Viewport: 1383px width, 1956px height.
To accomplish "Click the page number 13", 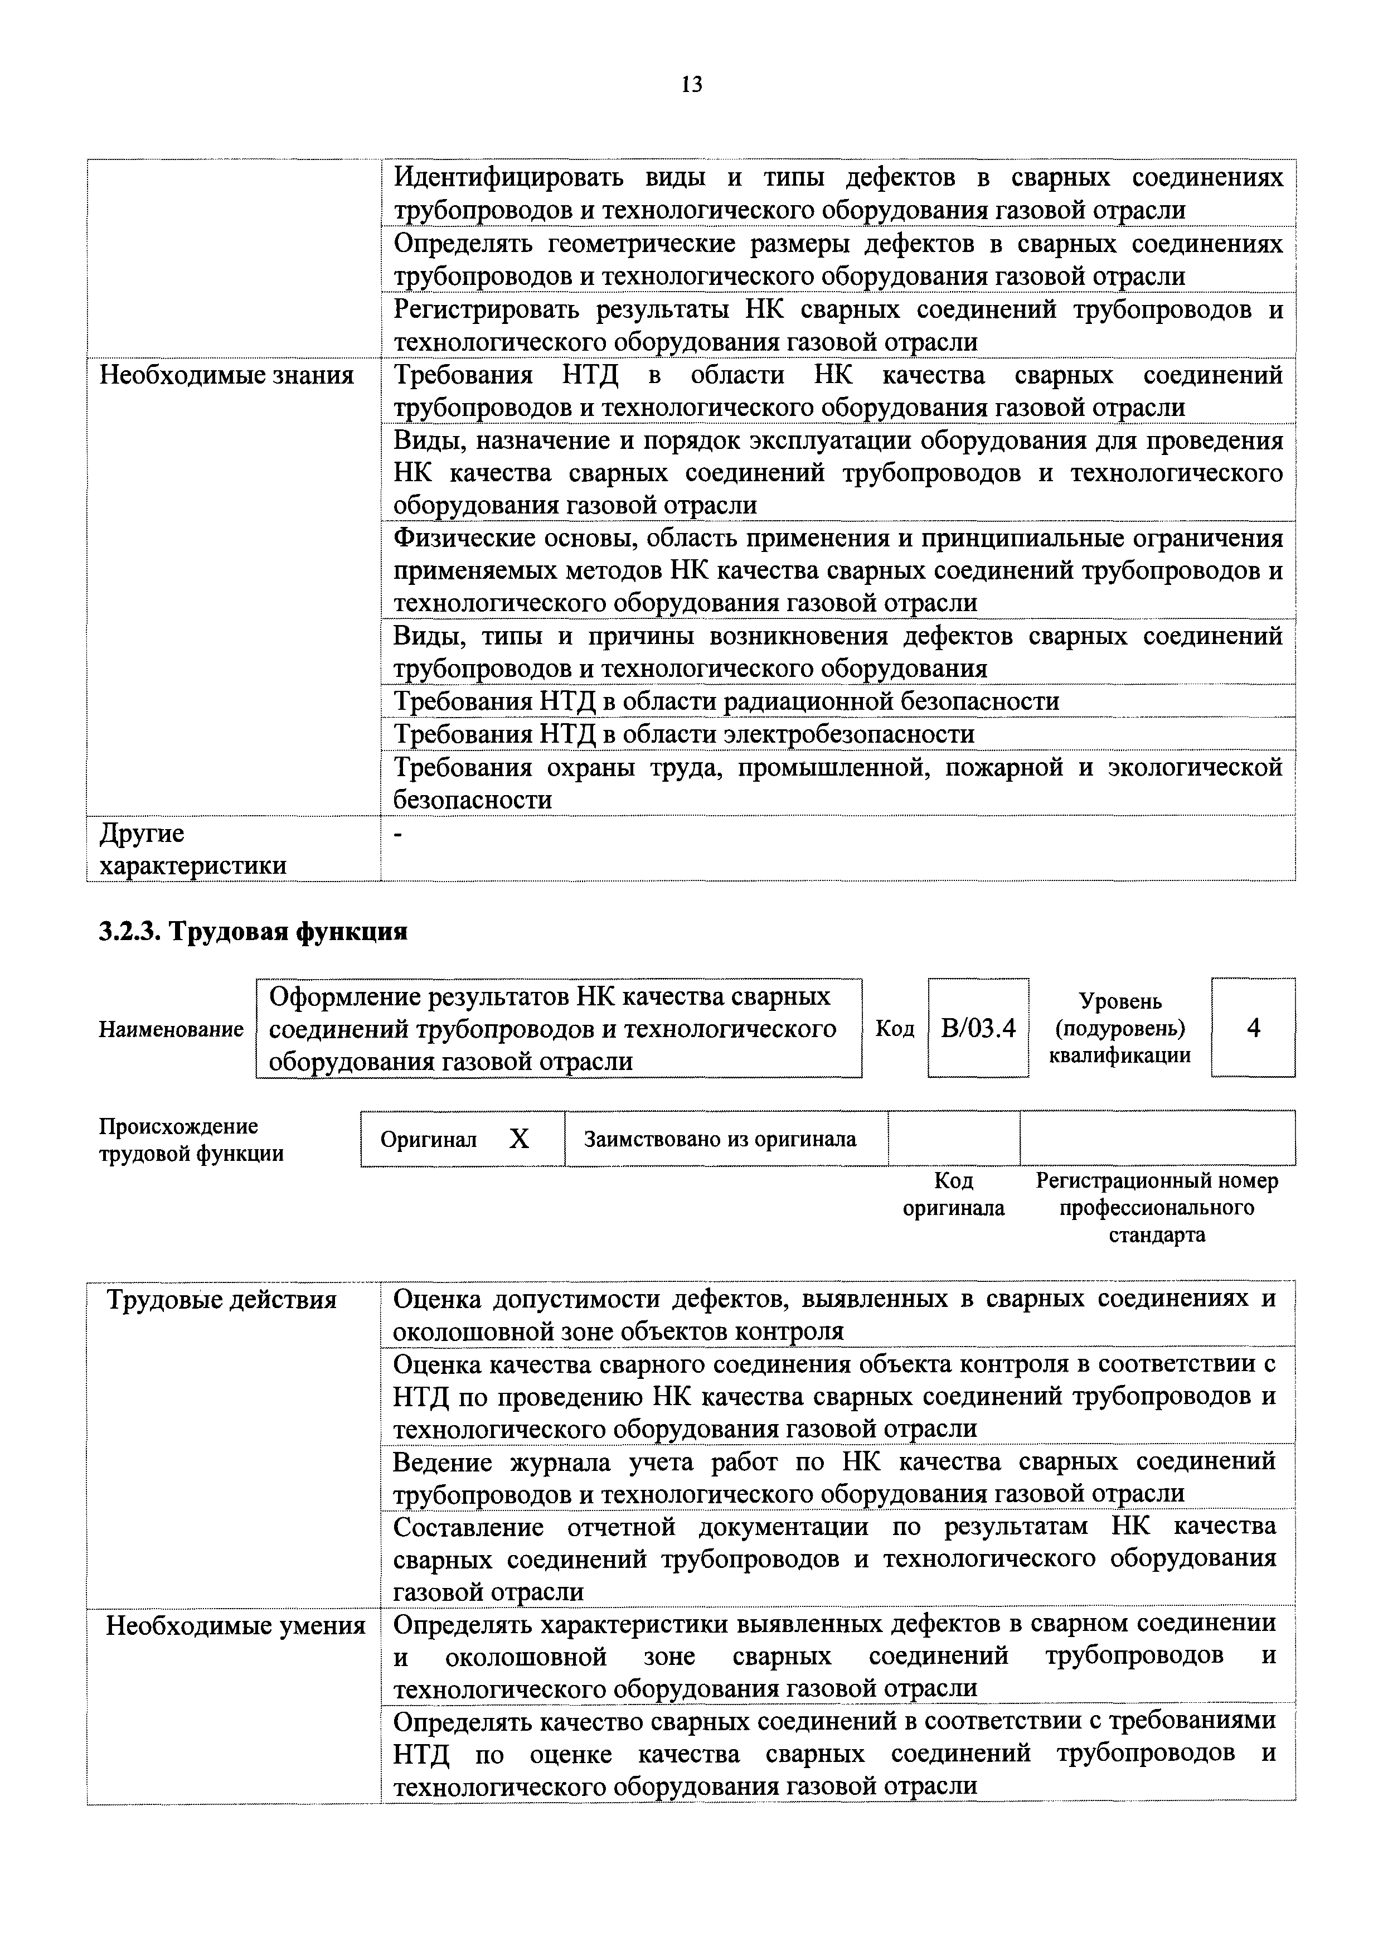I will (x=691, y=84).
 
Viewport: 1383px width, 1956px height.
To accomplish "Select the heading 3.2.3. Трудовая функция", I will (x=253, y=931).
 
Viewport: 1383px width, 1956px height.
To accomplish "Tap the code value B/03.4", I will (x=978, y=1028).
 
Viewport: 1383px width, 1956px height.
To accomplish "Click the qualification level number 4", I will (x=1253, y=1028).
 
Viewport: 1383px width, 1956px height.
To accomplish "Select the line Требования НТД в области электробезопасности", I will (x=684, y=734).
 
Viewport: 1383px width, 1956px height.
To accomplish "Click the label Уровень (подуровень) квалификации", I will (x=1120, y=1028).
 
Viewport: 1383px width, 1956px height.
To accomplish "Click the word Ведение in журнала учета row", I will (x=443, y=1462).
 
